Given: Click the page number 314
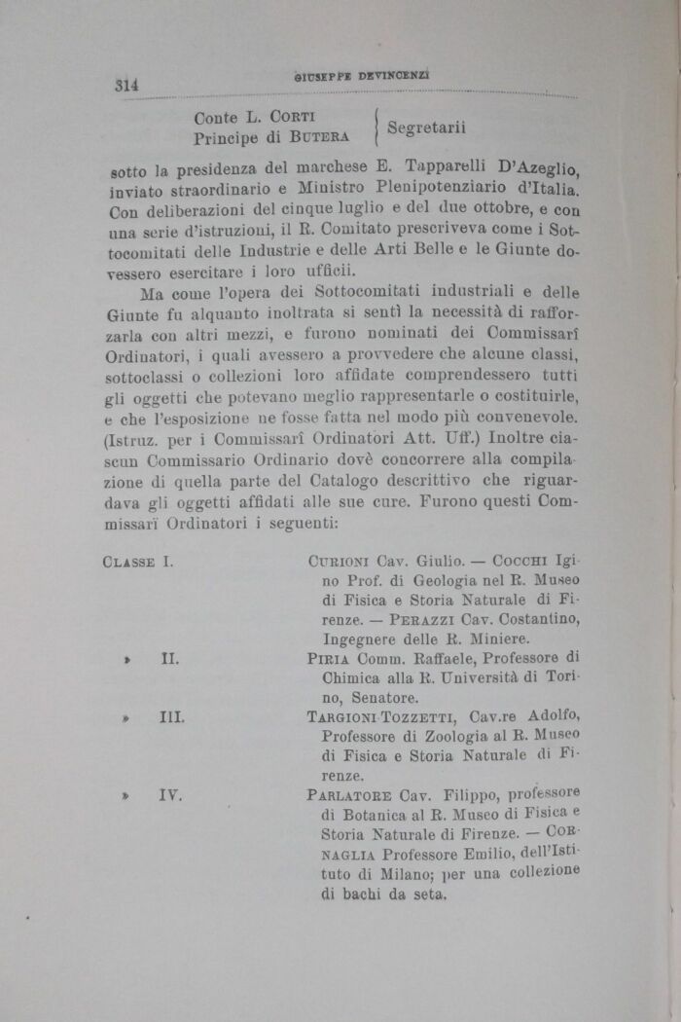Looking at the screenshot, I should pyautogui.click(x=126, y=86).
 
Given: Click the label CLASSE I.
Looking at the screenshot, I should pyautogui.click(x=137, y=562).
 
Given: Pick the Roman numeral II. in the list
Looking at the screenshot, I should pyautogui.click(x=169, y=659).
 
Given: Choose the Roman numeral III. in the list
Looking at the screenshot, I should pyautogui.click(x=172, y=718).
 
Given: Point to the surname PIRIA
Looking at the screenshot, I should pyautogui.click(x=328, y=659).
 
